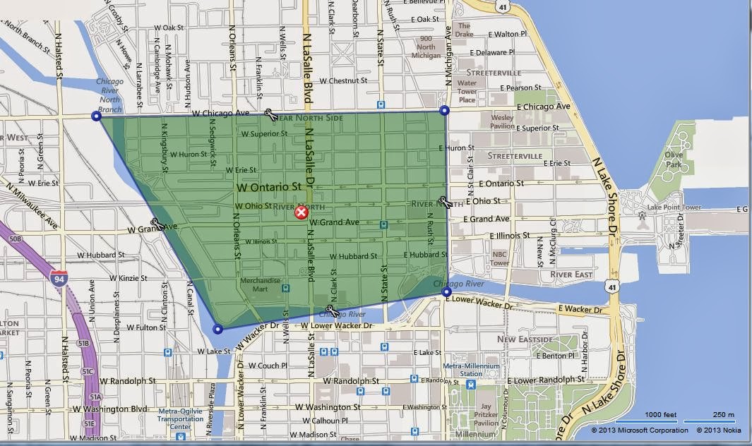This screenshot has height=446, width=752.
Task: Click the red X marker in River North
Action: tap(302, 213)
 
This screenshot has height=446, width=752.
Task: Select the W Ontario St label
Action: tap(269, 188)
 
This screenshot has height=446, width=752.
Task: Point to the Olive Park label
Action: tap(672, 159)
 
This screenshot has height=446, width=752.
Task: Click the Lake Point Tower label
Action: tap(674, 207)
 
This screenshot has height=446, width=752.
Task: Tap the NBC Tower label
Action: tap(499, 258)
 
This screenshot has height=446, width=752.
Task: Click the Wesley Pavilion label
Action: tap(502, 121)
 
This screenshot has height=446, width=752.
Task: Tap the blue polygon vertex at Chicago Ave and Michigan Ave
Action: tap(444, 110)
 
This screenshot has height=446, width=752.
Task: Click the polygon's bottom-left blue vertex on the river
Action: tap(217, 329)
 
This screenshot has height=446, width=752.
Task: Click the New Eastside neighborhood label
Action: tap(525, 339)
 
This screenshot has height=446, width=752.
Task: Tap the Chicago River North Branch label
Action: tap(110, 95)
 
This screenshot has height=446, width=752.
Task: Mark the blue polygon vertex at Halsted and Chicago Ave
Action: tap(97, 116)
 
